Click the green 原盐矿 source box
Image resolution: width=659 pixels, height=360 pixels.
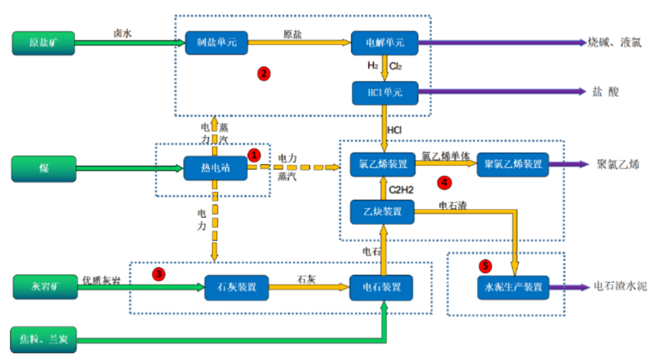[x=44, y=43]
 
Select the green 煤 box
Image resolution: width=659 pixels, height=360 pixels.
[x=44, y=169]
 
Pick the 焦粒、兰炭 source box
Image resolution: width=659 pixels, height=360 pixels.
[x=45, y=340]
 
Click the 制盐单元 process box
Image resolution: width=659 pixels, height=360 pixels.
[x=217, y=43]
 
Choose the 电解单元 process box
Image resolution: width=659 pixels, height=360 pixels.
[x=384, y=43]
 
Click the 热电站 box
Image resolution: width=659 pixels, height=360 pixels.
[x=215, y=168]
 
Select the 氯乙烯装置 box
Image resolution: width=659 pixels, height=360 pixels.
[x=382, y=165]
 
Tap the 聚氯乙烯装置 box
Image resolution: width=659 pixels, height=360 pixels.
[x=512, y=165]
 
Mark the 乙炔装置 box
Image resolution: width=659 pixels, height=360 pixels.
[x=382, y=211]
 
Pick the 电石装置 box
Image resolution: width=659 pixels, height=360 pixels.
[x=382, y=287]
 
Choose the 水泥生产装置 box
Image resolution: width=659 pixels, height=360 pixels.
[x=513, y=287]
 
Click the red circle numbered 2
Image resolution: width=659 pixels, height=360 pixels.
[x=264, y=74]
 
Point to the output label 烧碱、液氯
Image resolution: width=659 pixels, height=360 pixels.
[x=615, y=43]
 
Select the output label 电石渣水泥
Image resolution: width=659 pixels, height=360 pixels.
[x=621, y=287]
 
